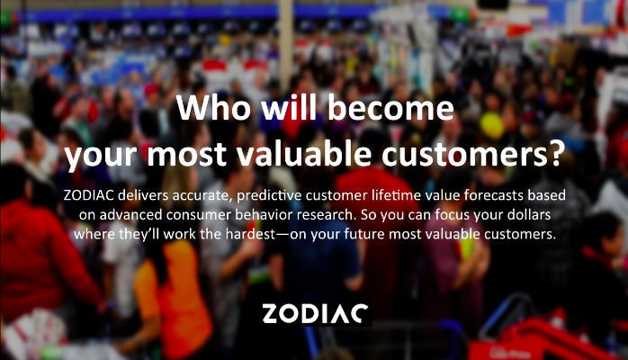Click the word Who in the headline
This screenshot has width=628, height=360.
point(213,108)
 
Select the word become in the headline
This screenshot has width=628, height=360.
point(390,107)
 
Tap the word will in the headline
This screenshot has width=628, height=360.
point(289,107)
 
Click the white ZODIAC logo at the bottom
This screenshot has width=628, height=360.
point(315,313)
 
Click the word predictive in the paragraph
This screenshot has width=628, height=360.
point(269,195)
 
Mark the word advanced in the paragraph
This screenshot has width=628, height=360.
point(130,214)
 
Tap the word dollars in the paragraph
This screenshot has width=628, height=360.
point(529,214)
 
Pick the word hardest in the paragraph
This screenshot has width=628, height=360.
point(250,234)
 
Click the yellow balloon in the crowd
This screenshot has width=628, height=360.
point(492,125)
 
